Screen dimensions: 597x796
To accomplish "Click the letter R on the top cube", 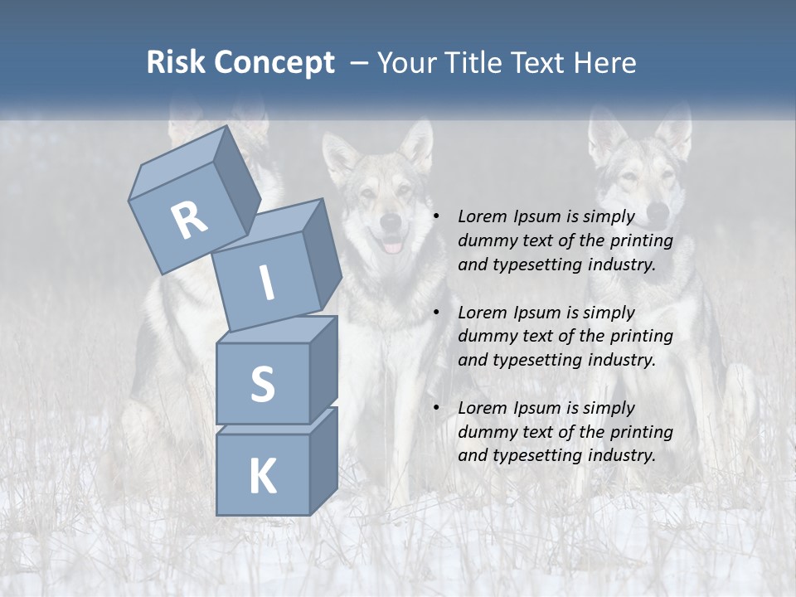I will click(x=189, y=220).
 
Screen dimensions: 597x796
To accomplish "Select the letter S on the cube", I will click(x=262, y=385).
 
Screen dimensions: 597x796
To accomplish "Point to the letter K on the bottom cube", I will click(x=262, y=477).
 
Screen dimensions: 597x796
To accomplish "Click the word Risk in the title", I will click(x=176, y=63).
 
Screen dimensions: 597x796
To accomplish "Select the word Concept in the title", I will click(x=274, y=63).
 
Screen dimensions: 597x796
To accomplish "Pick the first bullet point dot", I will click(x=437, y=216).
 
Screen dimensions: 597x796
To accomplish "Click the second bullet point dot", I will click(x=437, y=313).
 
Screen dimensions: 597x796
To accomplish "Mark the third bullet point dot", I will click(x=437, y=408).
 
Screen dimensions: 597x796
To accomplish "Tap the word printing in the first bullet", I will click(x=640, y=241).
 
